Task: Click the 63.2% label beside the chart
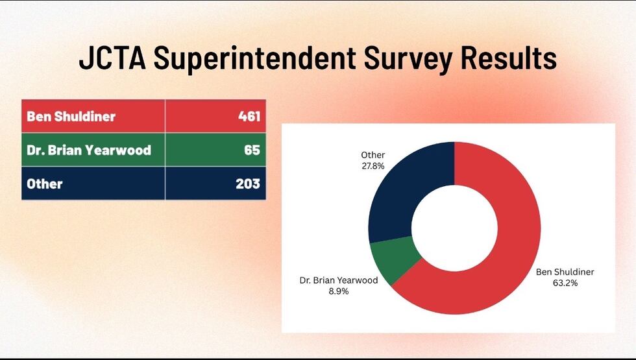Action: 565,283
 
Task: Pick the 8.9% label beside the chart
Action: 338,291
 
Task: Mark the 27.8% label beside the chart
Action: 373,166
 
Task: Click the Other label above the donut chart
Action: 373,155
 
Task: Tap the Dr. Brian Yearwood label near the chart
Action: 338,281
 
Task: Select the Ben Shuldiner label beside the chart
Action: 565,272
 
